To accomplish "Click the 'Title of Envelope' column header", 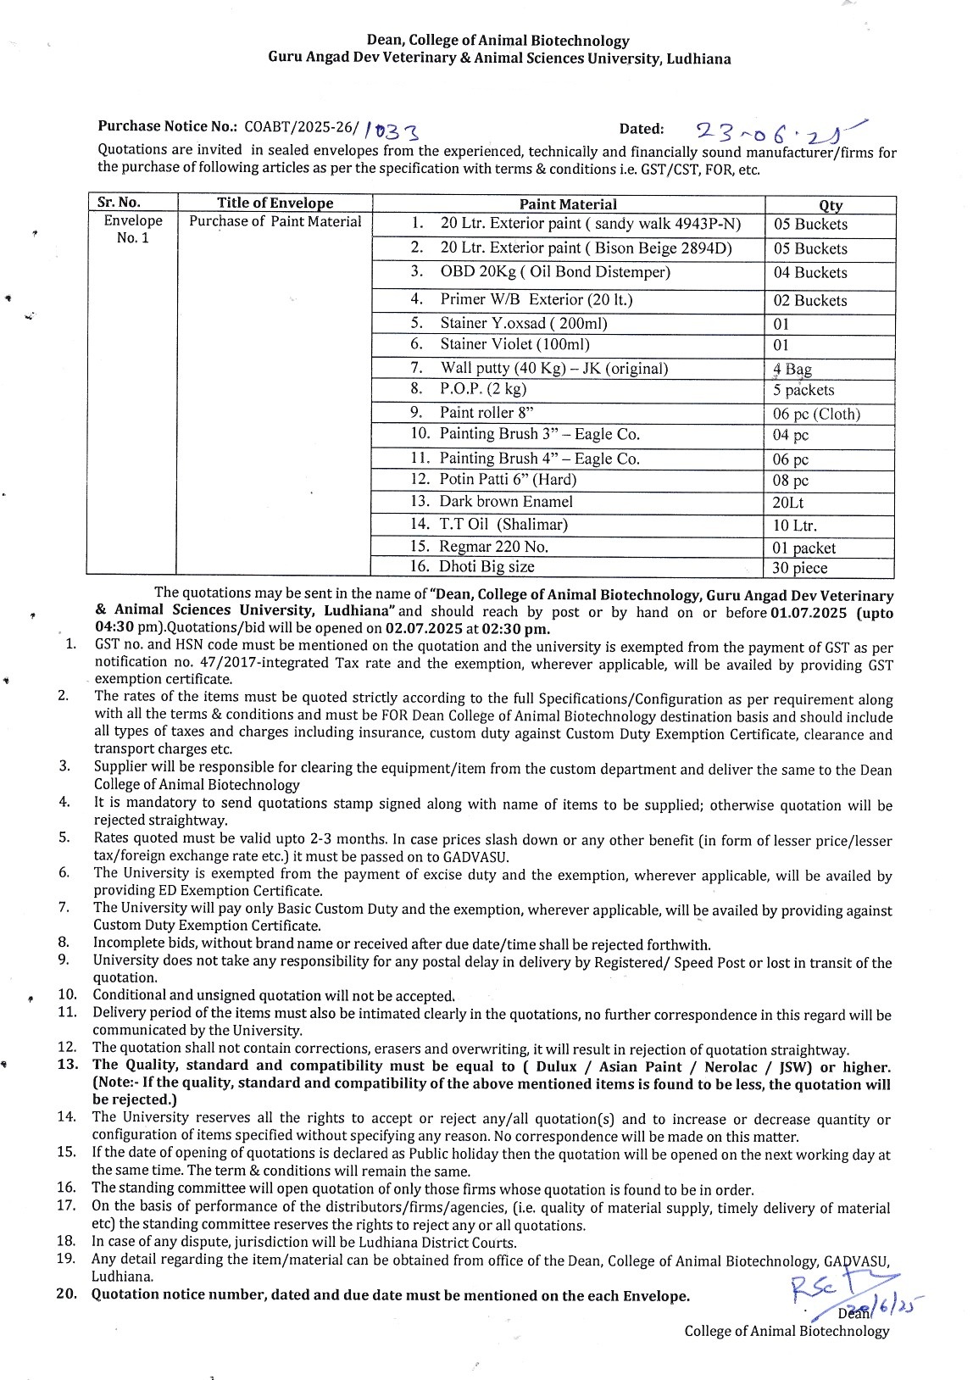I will (x=275, y=203).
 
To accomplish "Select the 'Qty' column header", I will (x=830, y=205).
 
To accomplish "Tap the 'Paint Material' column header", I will (x=568, y=204).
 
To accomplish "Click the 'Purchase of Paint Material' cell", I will (x=275, y=222).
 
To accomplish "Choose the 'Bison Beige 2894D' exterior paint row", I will (x=585, y=248).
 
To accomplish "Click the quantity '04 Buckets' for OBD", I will (x=809, y=273).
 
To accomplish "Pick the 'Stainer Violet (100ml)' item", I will (x=514, y=344).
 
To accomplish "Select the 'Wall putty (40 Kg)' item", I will (x=553, y=368).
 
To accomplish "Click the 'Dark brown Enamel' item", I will (x=505, y=502).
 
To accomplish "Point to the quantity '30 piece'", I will (x=799, y=568).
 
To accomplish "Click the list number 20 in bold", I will (x=67, y=1294).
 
